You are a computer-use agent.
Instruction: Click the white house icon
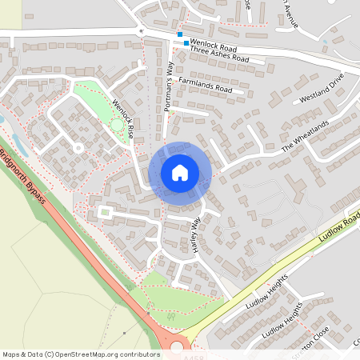[180, 172]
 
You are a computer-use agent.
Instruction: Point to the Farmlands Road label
[205, 85]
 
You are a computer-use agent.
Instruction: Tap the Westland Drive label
[321, 87]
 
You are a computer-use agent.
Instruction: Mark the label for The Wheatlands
[306, 138]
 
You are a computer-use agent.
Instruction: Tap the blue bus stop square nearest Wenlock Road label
[186, 43]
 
